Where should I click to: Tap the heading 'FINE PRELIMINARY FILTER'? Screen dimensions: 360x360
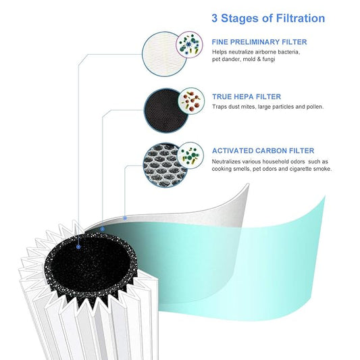259,42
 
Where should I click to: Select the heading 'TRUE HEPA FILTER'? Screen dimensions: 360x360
246,97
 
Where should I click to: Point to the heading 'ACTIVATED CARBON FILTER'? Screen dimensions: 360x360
263,151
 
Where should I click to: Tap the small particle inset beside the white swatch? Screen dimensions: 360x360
190,45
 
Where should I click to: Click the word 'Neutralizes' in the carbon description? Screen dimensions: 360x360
228,161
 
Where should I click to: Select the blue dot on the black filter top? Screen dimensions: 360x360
79,247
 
